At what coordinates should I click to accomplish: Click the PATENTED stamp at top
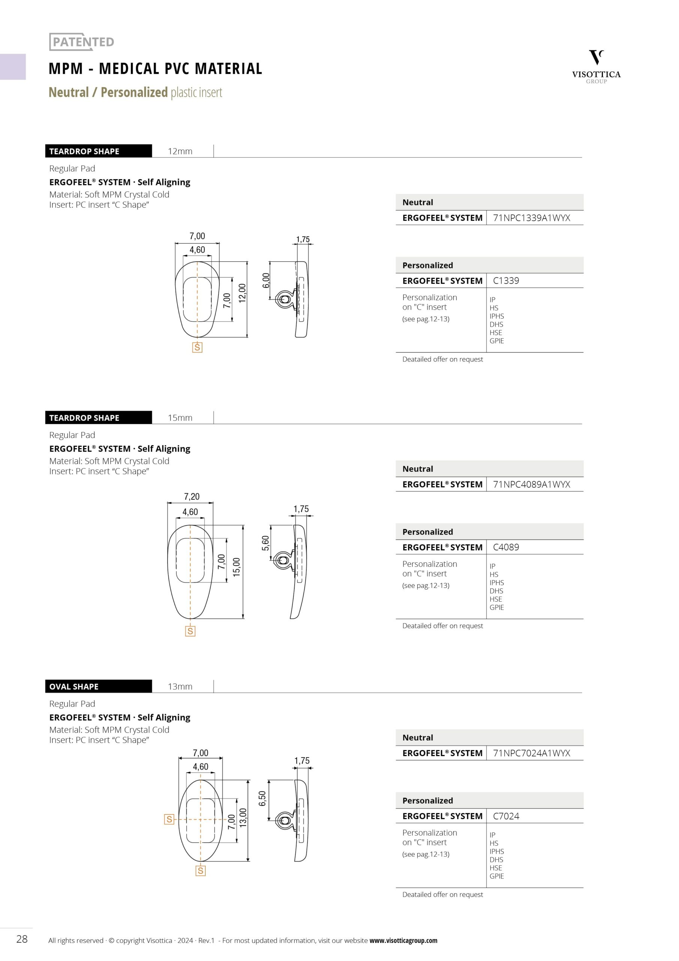tap(82, 42)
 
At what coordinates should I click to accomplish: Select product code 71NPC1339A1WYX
tap(531, 218)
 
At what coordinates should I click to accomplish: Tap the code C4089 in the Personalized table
tap(506, 547)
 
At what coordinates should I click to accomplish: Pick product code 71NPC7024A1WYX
tap(531, 753)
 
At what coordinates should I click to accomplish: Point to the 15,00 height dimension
tap(237, 567)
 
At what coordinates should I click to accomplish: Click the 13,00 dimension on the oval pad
tap(243, 818)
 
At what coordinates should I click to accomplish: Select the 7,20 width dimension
tap(192, 496)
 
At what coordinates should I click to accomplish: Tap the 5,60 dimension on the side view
tap(265, 543)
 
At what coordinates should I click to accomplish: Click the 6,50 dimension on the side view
tap(262, 798)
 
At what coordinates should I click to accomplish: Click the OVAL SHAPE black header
tap(98, 687)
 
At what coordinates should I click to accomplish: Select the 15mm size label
tap(180, 418)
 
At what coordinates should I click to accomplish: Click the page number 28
tap(22, 939)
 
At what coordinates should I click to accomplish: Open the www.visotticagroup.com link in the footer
tap(403, 940)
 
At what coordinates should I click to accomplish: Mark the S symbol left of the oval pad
tap(169, 819)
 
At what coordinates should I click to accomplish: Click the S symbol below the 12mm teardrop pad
tap(197, 347)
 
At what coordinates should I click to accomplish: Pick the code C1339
tap(506, 280)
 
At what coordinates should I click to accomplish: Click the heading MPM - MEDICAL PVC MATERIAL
tap(155, 69)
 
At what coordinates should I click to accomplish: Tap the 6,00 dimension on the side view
tap(266, 280)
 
